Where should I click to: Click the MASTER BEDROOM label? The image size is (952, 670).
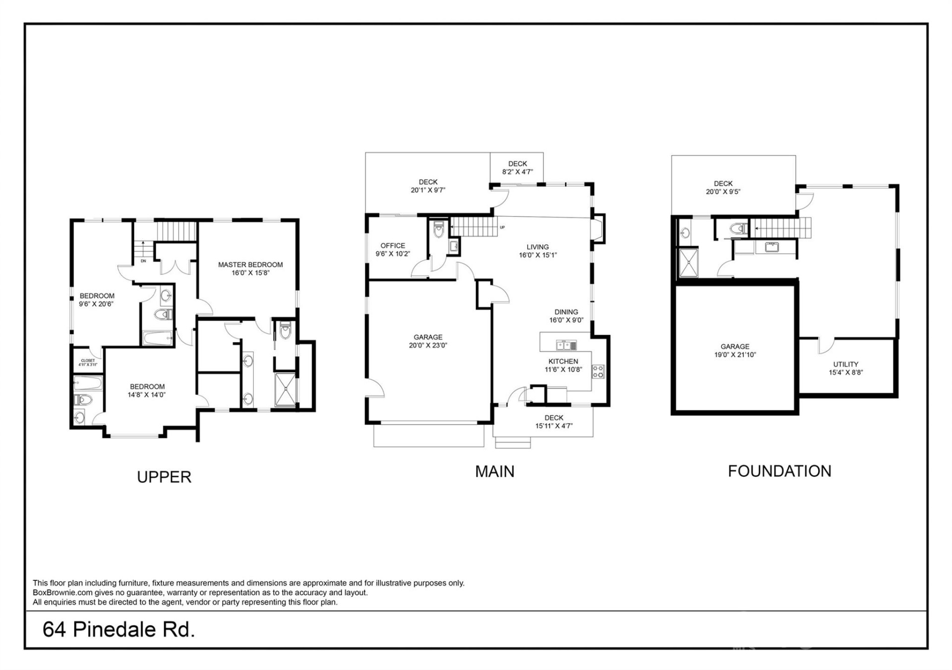[250, 265]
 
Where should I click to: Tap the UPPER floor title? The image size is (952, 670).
[164, 477]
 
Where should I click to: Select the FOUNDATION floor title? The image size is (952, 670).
[779, 471]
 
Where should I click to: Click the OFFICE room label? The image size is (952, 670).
[393, 246]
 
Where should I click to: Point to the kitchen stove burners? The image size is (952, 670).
[598, 372]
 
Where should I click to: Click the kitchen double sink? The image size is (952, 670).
[566, 345]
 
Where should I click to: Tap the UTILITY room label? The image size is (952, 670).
[845, 364]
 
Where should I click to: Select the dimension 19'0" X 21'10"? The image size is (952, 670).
[735, 355]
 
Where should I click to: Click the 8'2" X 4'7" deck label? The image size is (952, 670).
[517, 172]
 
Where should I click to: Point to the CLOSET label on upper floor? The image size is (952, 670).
[88, 361]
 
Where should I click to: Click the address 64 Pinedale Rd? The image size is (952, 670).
[119, 630]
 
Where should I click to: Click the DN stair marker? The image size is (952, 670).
[143, 261]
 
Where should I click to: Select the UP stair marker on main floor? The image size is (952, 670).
[502, 227]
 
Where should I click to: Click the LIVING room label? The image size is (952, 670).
[537, 247]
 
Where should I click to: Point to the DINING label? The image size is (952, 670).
[566, 312]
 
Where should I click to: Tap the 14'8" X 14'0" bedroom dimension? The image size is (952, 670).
[147, 395]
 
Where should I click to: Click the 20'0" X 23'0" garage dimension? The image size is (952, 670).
[428, 345]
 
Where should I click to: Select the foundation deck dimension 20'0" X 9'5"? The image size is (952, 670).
[723, 192]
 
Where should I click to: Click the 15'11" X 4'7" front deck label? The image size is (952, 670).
[554, 426]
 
